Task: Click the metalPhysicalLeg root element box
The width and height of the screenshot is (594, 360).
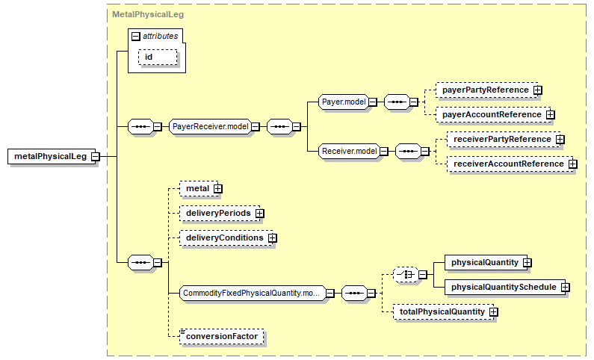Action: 52,156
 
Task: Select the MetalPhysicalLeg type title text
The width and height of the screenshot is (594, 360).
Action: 148,14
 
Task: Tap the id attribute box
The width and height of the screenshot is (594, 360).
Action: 158,58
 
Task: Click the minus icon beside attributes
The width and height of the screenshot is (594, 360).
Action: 136,37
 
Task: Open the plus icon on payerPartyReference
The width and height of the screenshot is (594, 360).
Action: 537,90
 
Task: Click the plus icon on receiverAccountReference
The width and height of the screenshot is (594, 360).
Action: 573,164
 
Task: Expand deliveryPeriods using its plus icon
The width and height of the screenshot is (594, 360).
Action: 259,213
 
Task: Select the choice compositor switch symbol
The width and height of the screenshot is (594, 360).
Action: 406,274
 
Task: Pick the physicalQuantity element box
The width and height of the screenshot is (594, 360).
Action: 486,262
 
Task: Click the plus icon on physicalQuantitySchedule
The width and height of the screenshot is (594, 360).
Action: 565,288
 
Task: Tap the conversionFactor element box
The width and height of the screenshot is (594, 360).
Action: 222,337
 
